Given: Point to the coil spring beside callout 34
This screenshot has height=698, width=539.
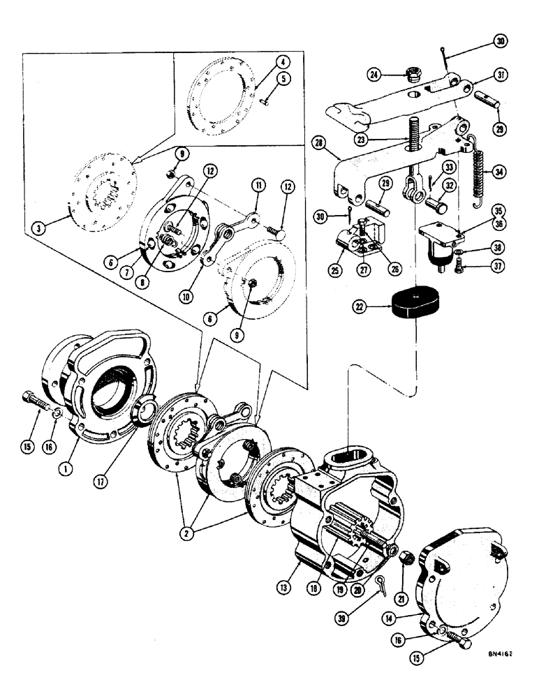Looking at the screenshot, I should tap(480, 172).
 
